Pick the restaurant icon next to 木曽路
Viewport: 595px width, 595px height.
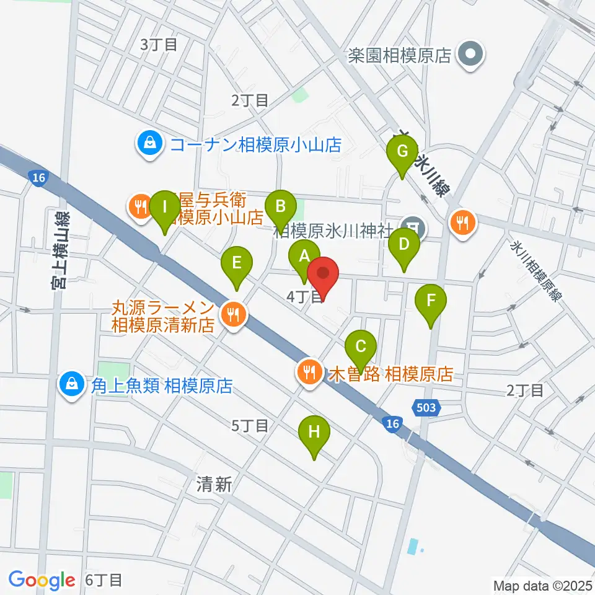308,373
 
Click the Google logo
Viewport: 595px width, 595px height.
42,580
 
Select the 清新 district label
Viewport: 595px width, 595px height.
214,485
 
